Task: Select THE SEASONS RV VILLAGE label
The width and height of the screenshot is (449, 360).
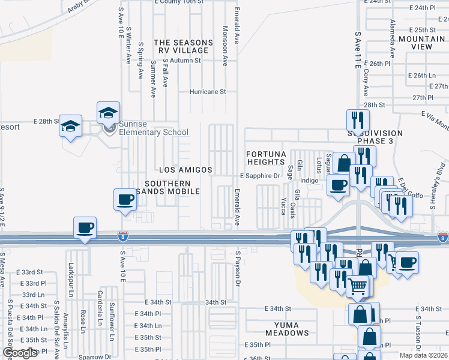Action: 183,46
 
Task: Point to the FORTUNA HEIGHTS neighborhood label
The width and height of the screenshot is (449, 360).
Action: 265,158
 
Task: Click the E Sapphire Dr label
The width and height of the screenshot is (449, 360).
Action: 261,176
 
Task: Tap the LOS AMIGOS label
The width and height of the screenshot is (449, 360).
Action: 185,170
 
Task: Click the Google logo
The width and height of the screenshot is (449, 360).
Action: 20,353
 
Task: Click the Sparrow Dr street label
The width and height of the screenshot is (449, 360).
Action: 95,356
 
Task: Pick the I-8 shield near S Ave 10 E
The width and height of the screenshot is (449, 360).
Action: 123,238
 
